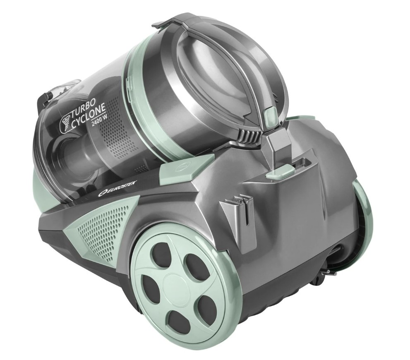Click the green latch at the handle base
pyautogui.click(x=278, y=173)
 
